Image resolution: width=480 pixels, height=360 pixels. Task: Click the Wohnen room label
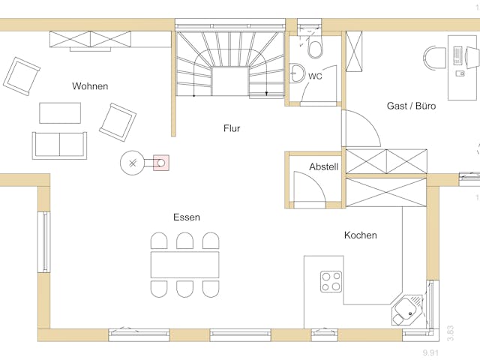[90, 86]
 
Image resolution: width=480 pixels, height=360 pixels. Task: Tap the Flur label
[232, 128]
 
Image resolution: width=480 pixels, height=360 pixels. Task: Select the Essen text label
[187, 217]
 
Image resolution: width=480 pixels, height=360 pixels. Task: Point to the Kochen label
[360, 235]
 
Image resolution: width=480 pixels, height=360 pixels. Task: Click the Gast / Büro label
[411, 106]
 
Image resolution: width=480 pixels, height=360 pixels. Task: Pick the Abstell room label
[323, 166]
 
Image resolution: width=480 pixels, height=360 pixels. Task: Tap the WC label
[315, 76]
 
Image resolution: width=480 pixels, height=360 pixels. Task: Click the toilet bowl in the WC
[315, 48]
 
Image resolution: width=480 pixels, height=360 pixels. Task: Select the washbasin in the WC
[297, 73]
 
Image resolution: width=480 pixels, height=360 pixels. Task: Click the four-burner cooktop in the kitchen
[331, 282]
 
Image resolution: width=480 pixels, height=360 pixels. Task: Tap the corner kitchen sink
[407, 310]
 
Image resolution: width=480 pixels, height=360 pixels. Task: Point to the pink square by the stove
[161, 163]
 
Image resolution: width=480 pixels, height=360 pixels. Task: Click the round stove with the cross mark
[132, 163]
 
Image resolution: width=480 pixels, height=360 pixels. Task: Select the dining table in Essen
[185, 265]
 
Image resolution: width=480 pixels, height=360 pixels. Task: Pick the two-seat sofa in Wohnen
[59, 145]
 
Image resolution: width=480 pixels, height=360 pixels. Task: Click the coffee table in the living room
[60, 113]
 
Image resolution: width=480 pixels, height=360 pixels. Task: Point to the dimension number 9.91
[430, 353]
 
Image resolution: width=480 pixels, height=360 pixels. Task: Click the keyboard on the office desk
[457, 55]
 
